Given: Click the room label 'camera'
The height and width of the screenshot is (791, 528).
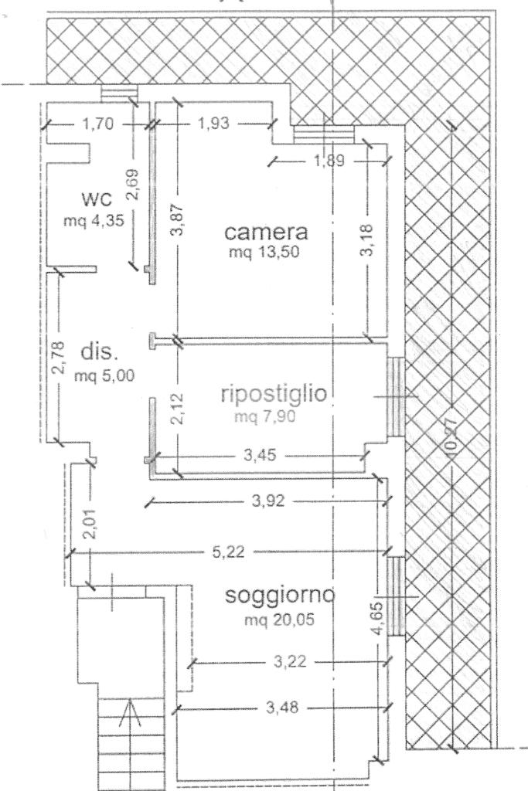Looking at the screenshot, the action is click(x=266, y=232).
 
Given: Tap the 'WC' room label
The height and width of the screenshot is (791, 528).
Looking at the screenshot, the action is click(x=97, y=200).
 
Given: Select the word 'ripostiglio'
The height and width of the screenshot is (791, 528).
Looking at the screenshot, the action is click(x=274, y=394).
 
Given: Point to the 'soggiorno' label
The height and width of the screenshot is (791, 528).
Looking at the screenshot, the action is click(x=280, y=596).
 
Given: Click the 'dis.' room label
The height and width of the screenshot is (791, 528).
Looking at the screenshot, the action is click(x=100, y=352).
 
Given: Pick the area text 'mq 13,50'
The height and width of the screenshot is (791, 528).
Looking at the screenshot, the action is click(x=264, y=252).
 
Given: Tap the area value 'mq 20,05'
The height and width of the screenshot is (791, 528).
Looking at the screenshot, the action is click(x=279, y=619).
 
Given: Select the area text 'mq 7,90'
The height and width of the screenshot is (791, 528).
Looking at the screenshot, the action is click(x=264, y=416).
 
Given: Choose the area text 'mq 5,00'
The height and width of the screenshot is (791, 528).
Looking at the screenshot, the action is click(x=104, y=376).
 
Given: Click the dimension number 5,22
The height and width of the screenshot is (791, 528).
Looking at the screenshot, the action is click(x=228, y=552).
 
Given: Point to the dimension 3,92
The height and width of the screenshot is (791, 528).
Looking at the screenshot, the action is click(x=267, y=501).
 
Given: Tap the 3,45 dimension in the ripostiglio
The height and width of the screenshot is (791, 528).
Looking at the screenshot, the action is click(x=260, y=456).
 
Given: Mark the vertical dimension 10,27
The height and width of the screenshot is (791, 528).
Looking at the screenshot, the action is click(x=451, y=438).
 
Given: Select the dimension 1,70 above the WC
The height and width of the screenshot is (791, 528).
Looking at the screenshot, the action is click(x=98, y=124).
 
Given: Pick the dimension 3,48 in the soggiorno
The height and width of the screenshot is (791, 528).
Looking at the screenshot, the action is click(x=282, y=708).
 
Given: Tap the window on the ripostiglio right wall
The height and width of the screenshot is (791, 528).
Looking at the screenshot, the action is click(x=397, y=396).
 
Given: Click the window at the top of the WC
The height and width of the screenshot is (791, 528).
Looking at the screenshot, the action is click(x=120, y=93).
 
